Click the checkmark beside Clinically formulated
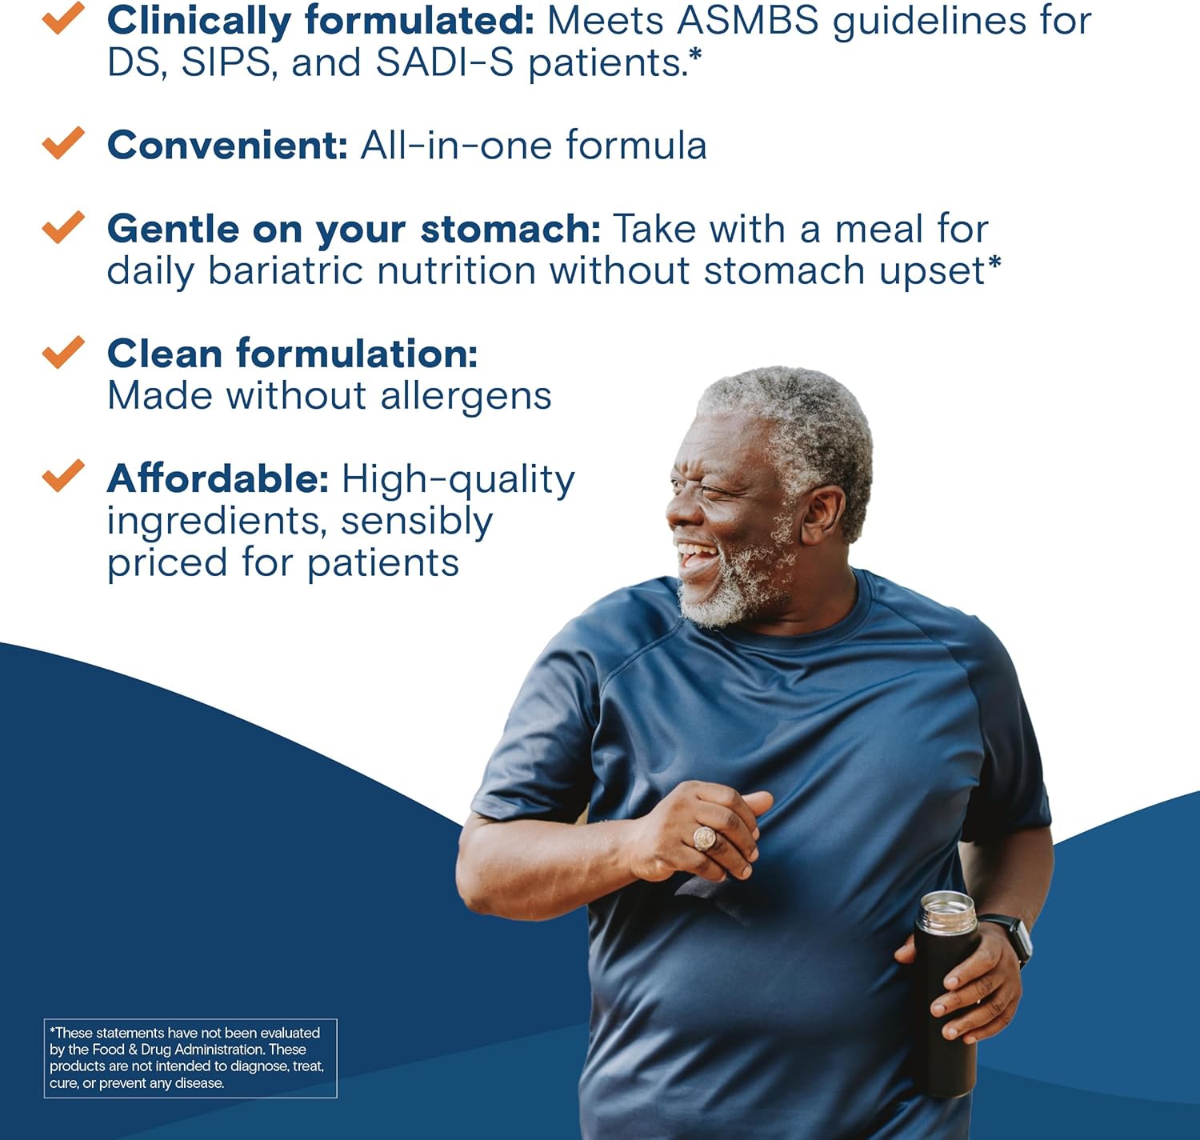coord(63,18)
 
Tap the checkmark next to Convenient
coord(63,142)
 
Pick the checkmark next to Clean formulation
coord(63,351)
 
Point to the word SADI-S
coord(445,62)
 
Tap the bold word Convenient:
coord(227,146)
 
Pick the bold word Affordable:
coord(218,479)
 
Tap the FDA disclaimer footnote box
coord(190,1058)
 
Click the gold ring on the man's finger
coord(704,838)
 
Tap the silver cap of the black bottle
coord(947,911)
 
